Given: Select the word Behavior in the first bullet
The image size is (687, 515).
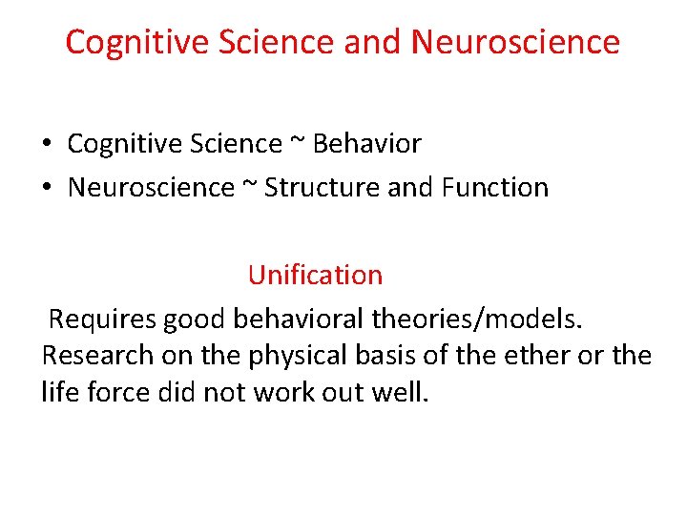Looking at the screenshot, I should click(366, 144).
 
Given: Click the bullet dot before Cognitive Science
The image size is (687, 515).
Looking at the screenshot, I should click(47, 145).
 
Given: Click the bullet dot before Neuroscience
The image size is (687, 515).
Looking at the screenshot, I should click(47, 188).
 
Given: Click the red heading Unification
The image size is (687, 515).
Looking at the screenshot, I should click(315, 275).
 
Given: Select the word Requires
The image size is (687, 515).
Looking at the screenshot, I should click(103, 319).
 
